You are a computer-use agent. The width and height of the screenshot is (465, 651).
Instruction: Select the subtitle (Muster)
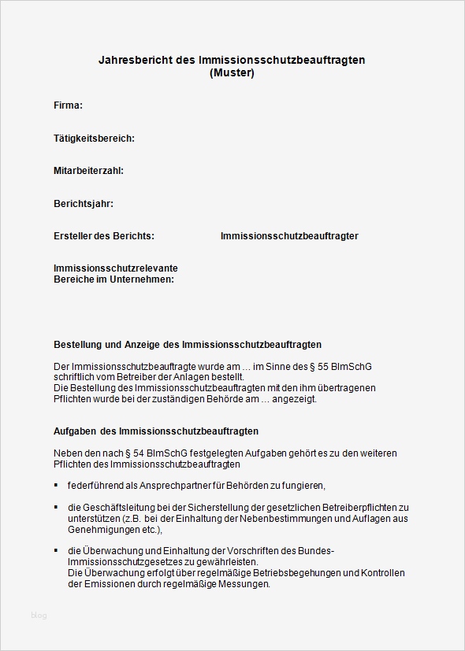coord(232,73)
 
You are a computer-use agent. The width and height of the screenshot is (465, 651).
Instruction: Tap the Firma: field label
coord(68,105)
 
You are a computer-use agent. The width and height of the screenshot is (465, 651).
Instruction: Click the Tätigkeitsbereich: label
coord(94,139)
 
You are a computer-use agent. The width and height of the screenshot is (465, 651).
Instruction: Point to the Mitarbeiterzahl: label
coord(88,171)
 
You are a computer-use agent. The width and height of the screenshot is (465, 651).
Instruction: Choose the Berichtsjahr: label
coord(84,204)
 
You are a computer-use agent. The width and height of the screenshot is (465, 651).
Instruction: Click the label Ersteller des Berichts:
coord(104,236)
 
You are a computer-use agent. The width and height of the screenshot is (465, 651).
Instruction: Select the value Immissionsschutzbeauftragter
coord(289,236)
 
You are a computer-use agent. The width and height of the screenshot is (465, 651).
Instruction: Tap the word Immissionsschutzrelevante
coord(116,268)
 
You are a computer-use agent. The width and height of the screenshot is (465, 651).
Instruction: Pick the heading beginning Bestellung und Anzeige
coord(188,345)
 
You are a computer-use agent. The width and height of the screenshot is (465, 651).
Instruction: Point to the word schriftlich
coord(76,377)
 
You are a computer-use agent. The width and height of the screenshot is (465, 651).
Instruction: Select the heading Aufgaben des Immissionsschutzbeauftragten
coord(156,431)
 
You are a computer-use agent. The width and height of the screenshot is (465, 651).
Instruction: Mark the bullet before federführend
coord(56,485)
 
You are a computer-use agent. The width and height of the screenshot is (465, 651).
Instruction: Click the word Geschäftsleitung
coord(120,507)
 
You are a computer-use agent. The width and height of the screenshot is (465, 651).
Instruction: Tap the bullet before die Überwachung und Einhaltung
coord(56,550)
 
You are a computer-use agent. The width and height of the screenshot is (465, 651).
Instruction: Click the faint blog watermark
coord(39,616)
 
